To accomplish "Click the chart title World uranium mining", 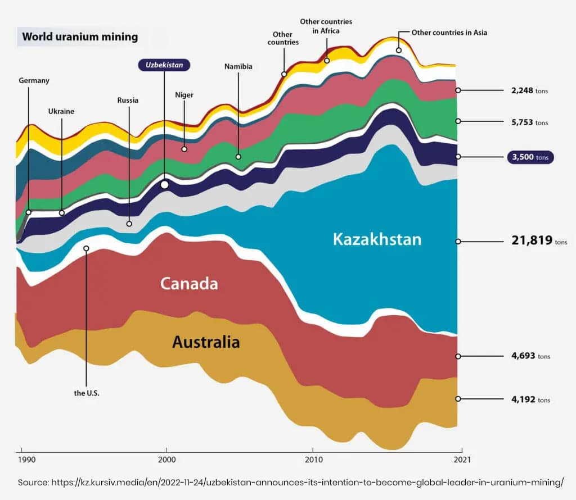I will click(80, 38).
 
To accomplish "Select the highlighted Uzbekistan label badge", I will click(164, 65).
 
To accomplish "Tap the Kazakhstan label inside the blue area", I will click(376, 239).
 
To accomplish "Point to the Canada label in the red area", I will click(189, 284).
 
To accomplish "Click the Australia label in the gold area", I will click(206, 342).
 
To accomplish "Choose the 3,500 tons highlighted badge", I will click(530, 157).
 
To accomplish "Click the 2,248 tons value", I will click(526, 90).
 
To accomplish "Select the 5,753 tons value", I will click(526, 122).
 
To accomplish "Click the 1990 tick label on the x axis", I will click(26, 460).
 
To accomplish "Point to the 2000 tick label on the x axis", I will click(166, 460).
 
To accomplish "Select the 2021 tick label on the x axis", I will click(461, 460).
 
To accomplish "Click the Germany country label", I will click(34, 80).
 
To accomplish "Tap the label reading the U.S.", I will click(87, 393).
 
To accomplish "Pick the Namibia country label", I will click(238, 66).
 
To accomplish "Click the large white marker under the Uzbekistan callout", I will click(164, 184).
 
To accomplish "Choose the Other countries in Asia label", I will click(449, 33).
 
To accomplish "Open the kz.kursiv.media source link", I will click(307, 483).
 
